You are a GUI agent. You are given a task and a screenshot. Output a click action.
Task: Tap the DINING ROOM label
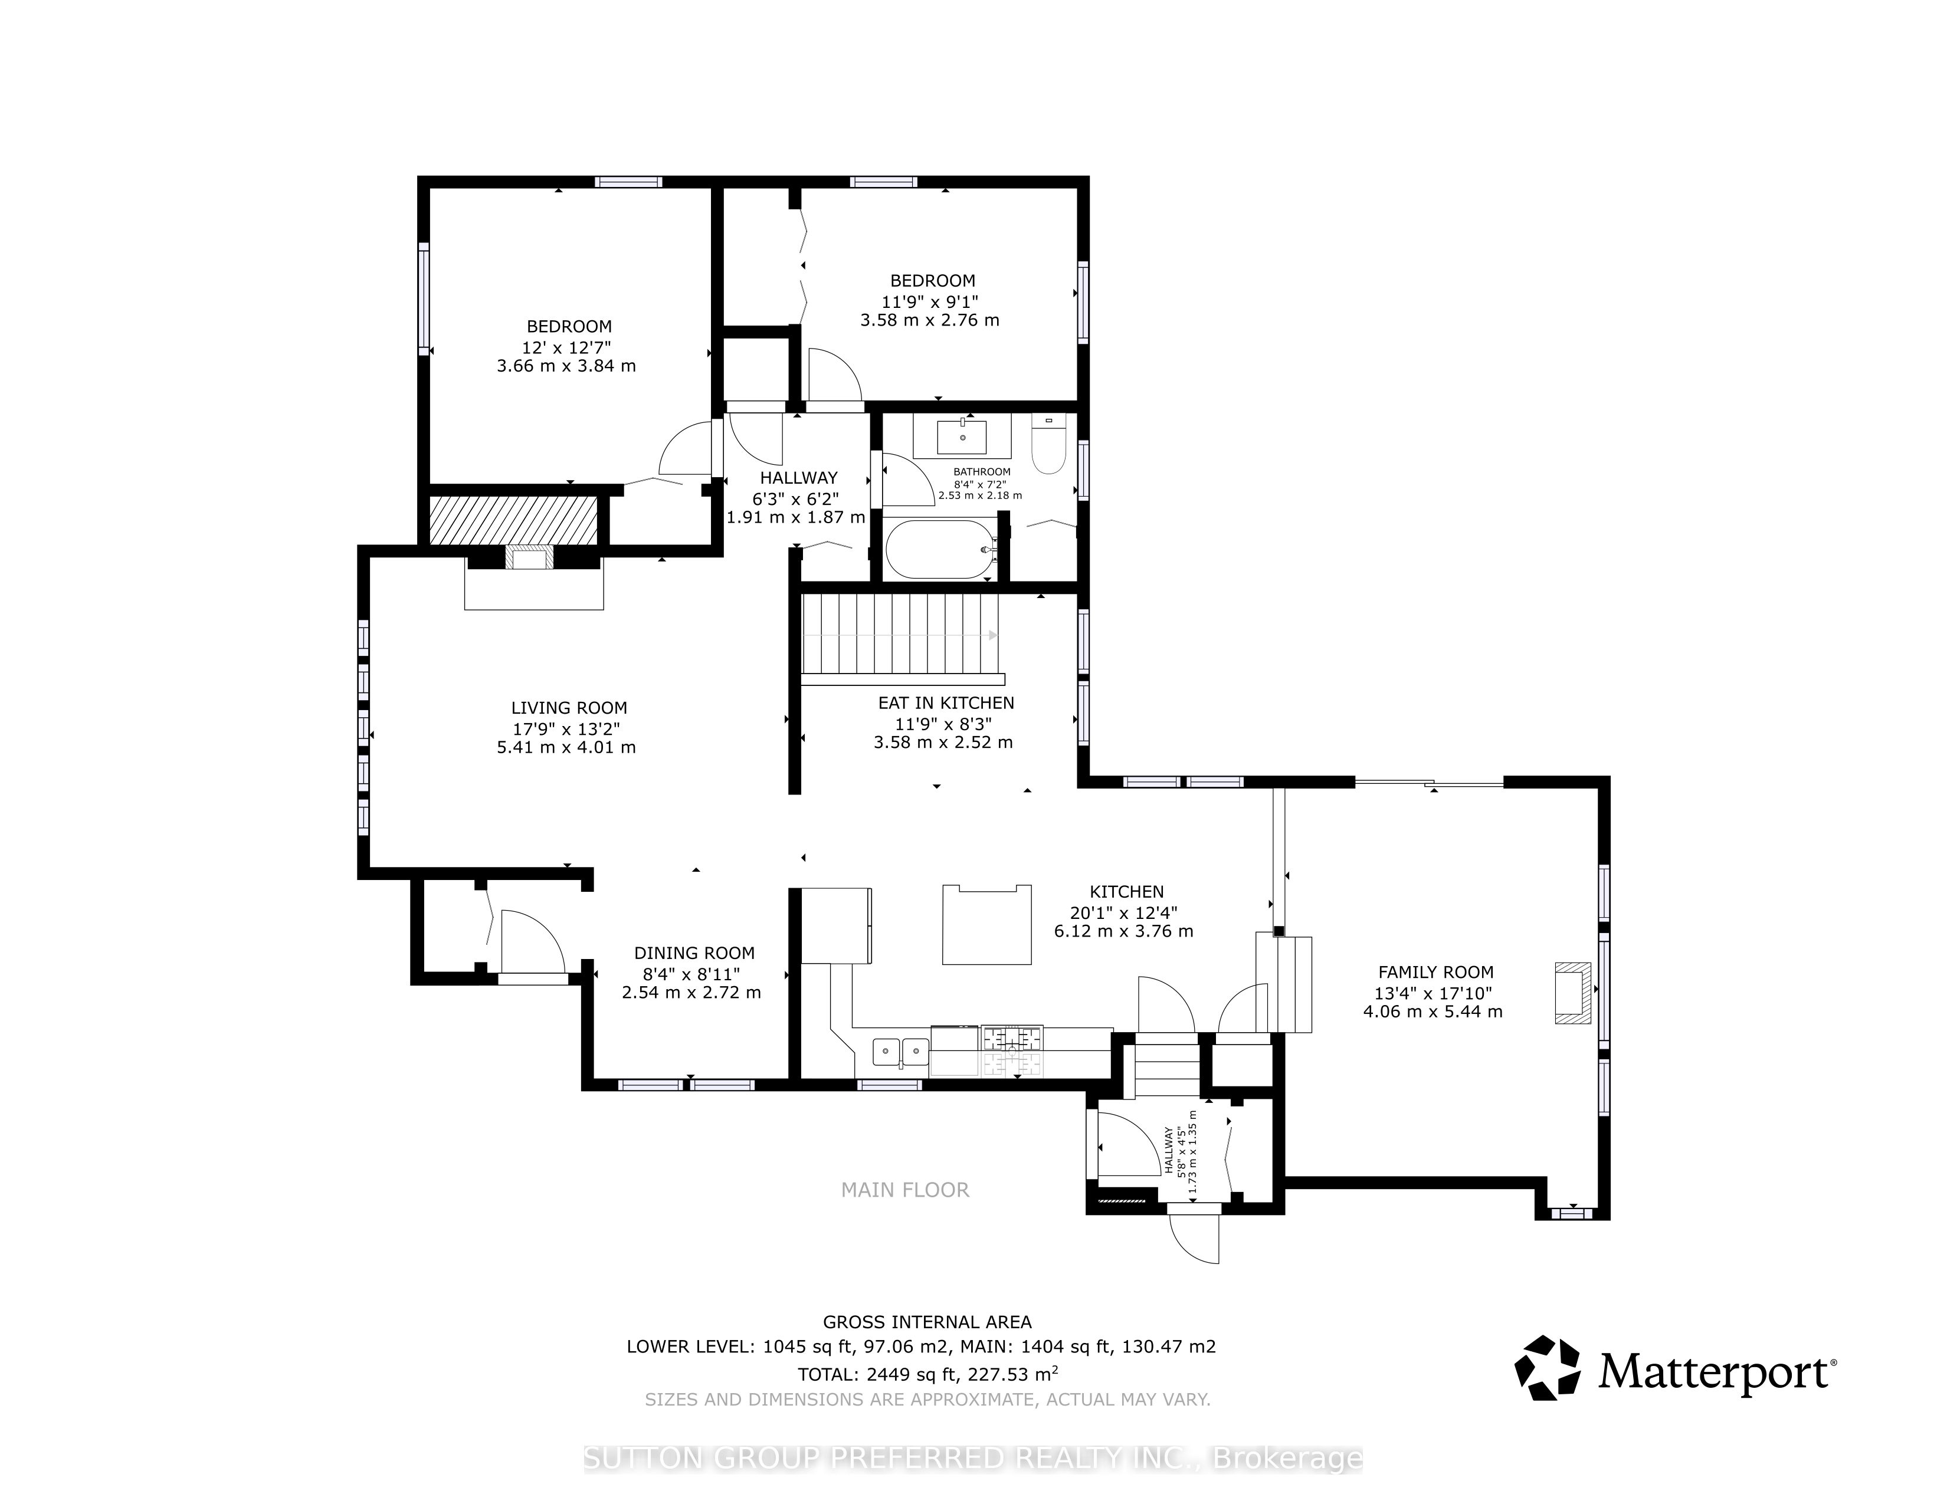click(x=694, y=953)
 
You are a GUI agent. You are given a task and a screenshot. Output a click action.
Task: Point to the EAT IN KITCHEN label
click(x=946, y=703)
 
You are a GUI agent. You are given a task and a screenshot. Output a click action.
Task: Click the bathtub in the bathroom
click(x=940, y=550)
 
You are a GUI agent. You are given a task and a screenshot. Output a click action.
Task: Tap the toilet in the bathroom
click(x=1048, y=445)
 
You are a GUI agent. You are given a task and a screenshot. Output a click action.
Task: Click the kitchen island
click(x=987, y=925)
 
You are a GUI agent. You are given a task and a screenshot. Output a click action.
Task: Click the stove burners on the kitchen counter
click(x=1012, y=1038)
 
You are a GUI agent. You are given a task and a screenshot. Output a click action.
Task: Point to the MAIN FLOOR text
click(x=905, y=1190)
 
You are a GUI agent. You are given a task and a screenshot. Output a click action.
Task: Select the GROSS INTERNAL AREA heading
click(x=927, y=1322)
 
